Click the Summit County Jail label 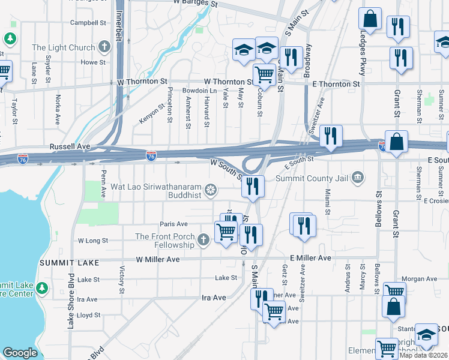click(x=312, y=178)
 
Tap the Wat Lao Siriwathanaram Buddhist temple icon click(x=211, y=191)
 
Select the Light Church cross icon click(x=105, y=47)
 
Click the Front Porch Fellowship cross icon click(x=203, y=241)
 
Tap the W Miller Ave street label click(x=158, y=259)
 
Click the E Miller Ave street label click(x=310, y=258)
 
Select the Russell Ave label click(x=70, y=146)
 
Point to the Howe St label click(x=93, y=62)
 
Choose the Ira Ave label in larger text click(x=214, y=297)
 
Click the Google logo click(x=20, y=353)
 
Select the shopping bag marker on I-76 click(x=396, y=142)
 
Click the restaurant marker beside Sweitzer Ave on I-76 click(x=330, y=137)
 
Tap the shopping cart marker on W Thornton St click(x=264, y=76)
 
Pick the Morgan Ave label click(x=419, y=279)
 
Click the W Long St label click(x=92, y=240)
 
